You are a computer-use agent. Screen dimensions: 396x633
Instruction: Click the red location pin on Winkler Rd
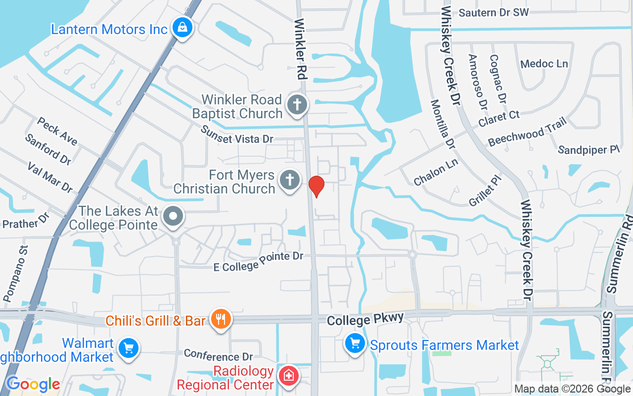pos(316,186)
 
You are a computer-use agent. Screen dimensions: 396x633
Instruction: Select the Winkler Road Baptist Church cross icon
pos(298,105)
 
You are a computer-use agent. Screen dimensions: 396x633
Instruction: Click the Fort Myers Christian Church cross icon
pos(289,180)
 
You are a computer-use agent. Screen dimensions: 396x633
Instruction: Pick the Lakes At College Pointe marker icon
pos(174,216)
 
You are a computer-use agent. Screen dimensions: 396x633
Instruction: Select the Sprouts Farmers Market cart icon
pos(355,343)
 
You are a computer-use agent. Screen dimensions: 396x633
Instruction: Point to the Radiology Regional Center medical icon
pos(288,375)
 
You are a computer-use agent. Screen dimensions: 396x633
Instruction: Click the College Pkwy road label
pos(365,319)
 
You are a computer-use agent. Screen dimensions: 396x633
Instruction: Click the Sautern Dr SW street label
pos(494,12)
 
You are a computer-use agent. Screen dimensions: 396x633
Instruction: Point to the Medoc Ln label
pos(544,64)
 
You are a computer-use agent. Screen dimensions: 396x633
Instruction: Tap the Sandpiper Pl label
pos(588,149)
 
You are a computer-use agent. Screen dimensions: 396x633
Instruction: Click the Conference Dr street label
pos(218,355)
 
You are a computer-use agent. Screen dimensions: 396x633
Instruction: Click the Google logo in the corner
pos(33,384)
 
